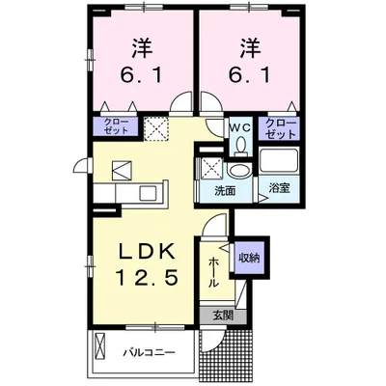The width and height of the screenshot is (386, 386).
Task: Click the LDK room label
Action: (x=147, y=252)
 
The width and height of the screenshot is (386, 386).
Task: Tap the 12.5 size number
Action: (x=147, y=278)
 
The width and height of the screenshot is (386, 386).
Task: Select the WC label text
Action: (x=239, y=127)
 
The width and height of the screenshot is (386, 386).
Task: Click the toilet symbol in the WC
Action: (x=240, y=145)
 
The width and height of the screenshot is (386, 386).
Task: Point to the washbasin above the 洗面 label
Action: (x=239, y=172)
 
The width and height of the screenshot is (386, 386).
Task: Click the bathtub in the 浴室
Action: (x=279, y=160)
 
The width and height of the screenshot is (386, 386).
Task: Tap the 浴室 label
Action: (x=280, y=188)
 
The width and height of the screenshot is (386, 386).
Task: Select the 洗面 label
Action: (x=225, y=191)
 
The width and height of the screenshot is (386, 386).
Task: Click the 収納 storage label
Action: (x=249, y=258)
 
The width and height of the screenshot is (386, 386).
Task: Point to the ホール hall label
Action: (x=212, y=272)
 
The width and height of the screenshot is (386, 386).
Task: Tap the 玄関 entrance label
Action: (x=222, y=316)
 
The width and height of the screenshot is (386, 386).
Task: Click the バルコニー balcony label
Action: (x=150, y=353)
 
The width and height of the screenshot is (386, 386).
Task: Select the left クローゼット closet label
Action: (x=116, y=125)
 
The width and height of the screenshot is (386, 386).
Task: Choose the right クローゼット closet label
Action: (x=280, y=128)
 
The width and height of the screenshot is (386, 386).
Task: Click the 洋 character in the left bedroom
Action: (x=142, y=49)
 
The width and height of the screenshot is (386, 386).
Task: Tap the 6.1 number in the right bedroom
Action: (x=249, y=75)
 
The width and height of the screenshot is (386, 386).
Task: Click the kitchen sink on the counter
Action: (x=147, y=193)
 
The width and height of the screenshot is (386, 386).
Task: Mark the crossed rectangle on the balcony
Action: (x=100, y=345)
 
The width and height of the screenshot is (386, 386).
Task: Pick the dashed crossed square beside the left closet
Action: (x=156, y=128)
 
